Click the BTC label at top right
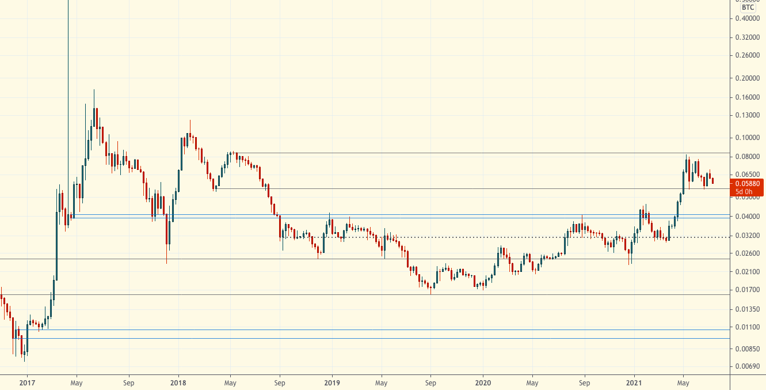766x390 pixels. [x=748, y=7]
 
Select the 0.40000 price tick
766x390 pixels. [x=748, y=18]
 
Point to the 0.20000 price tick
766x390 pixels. [x=748, y=78]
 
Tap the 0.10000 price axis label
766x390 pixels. [x=748, y=138]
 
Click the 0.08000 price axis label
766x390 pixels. [x=748, y=157]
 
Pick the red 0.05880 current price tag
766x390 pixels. [x=748, y=183]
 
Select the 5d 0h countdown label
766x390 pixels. [x=744, y=191]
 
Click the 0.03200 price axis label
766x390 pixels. [x=748, y=236]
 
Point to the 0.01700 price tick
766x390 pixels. [x=748, y=290]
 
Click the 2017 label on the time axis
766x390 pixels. [x=27, y=382]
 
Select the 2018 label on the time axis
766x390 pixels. [x=178, y=382]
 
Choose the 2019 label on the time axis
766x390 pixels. [x=331, y=382]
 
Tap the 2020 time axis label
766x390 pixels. [x=483, y=382]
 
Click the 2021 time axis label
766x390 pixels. [x=634, y=382]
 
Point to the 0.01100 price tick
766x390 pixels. [x=748, y=327]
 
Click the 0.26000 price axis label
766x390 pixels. [x=748, y=56]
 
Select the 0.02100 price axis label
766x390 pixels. [x=748, y=272]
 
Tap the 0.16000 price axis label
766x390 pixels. [x=748, y=97]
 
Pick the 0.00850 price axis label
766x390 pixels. [x=748, y=349]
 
